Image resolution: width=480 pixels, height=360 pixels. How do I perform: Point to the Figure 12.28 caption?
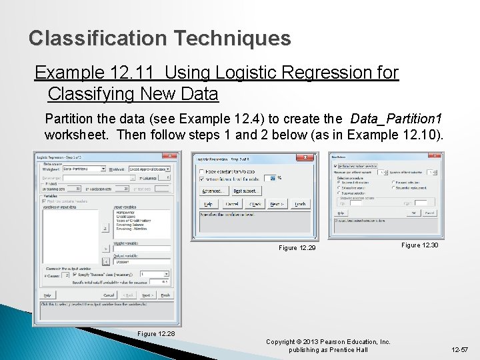[x=156, y=334]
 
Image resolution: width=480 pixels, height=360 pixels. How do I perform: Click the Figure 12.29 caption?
[x=297, y=248]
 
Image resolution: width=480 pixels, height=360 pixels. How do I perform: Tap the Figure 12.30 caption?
[x=419, y=246]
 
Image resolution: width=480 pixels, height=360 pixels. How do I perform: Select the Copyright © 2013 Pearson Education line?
[x=328, y=342]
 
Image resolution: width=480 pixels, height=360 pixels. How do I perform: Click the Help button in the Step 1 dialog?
[x=47, y=295]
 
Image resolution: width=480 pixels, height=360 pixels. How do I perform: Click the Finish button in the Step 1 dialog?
[x=165, y=295]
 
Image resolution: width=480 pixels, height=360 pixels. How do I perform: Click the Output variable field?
[x=141, y=262]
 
